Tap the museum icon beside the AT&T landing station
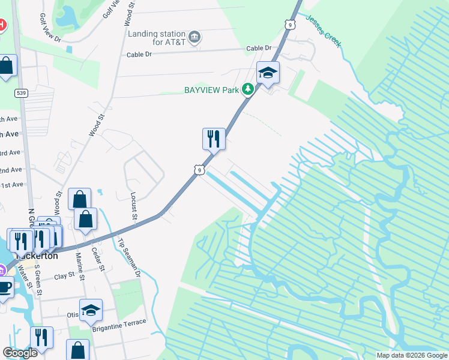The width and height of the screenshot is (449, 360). click(194, 38)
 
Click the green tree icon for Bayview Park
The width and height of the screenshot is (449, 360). click(247, 90)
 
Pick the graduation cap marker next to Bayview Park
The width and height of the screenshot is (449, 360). click(268, 73)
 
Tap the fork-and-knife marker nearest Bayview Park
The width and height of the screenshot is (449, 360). click(214, 139)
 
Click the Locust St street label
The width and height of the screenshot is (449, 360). click(134, 206)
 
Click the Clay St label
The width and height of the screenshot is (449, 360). click(64, 275)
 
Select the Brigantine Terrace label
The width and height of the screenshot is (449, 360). click(119, 322)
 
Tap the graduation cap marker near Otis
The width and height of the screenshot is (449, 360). click(91, 310)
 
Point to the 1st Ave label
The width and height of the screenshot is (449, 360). click(11, 185)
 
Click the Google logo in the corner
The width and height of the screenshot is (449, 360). click(20, 352)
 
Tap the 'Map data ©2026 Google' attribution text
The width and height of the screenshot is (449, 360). click(412, 355)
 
